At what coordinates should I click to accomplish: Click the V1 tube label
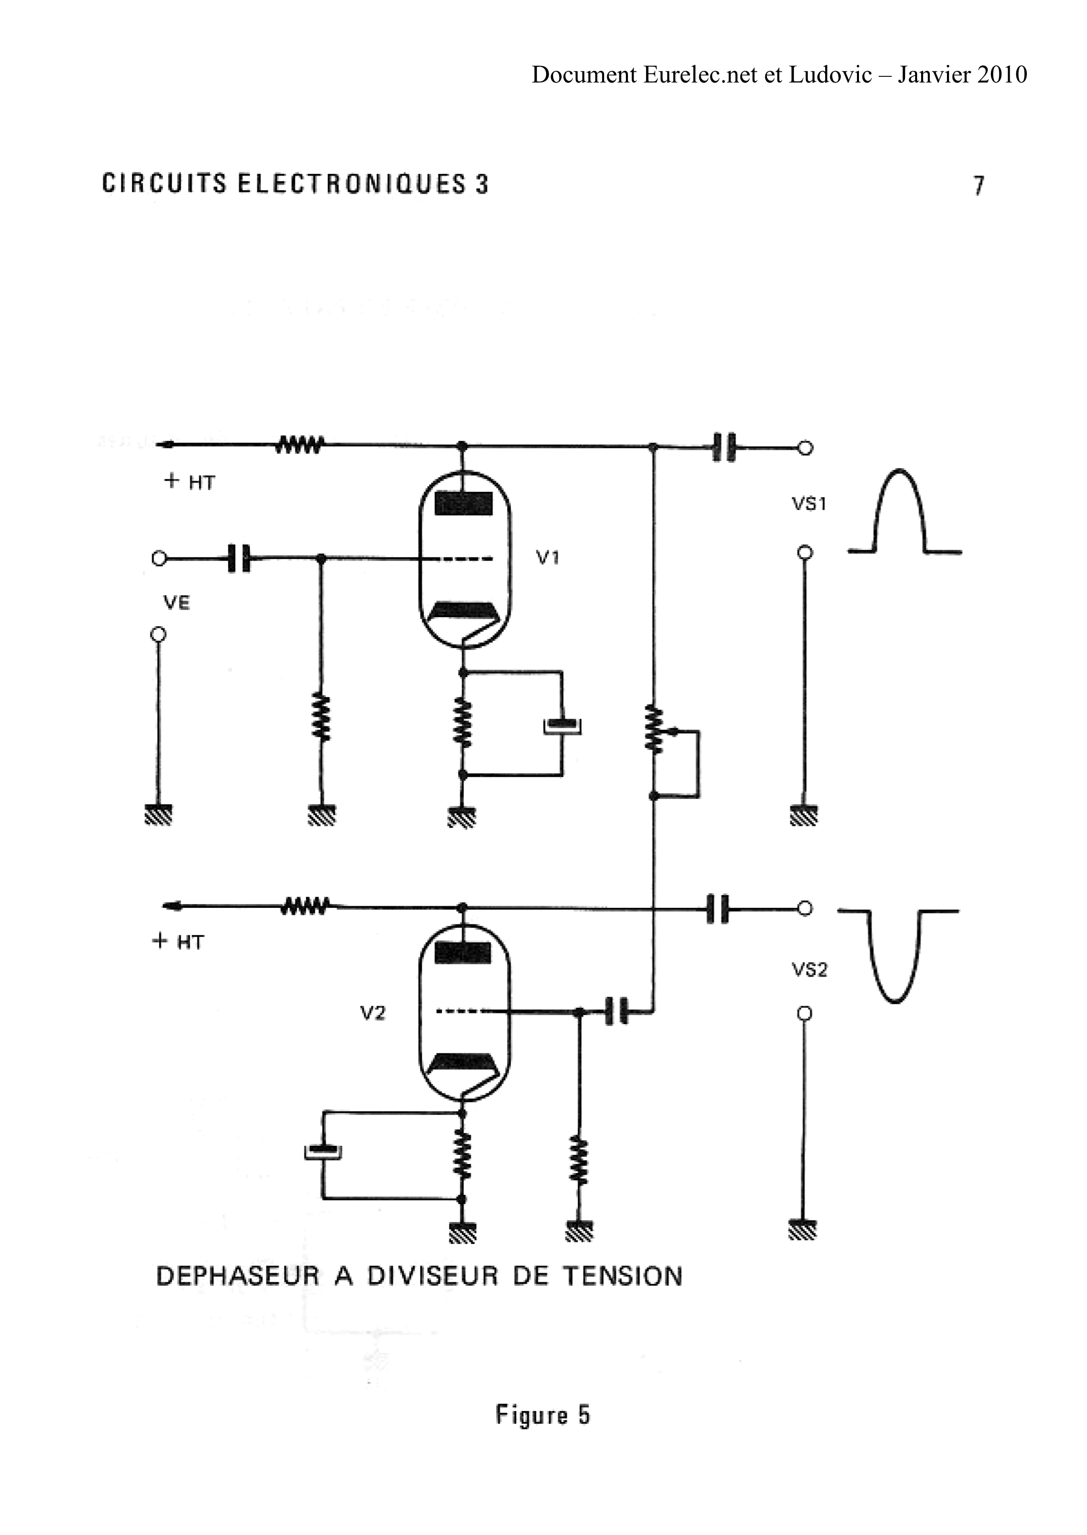(x=548, y=557)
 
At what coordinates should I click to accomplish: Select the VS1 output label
(x=809, y=504)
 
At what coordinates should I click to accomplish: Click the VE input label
(x=177, y=603)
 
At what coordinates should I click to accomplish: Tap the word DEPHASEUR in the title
(x=238, y=1276)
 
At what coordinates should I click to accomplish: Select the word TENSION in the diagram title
(x=622, y=1276)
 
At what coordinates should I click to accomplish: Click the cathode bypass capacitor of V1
(x=562, y=725)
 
